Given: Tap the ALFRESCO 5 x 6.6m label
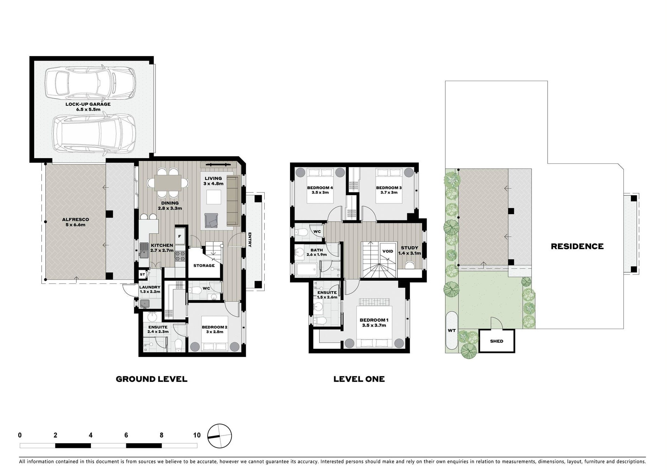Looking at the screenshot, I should coord(75,222).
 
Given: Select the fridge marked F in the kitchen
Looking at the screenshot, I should coord(179,236).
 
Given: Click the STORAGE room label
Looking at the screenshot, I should coord(204,266).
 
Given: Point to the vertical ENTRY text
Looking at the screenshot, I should coord(250,240).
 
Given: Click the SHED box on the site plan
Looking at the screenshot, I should coord(496,341).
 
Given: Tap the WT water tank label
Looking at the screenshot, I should coord(452,331).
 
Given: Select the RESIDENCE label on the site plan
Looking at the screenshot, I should coord(577,246).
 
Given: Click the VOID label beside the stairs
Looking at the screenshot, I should coord(387,251).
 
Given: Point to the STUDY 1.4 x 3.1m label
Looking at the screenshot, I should coord(409,250).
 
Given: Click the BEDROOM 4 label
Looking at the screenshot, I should coord(320,190).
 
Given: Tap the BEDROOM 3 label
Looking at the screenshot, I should coord(389,190).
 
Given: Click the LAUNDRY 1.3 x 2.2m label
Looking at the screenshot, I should coord(150,289).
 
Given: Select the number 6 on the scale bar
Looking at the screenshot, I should coord(126,435).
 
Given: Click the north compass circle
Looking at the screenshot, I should coord(219,436).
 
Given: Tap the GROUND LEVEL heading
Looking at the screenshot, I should coord(152,379).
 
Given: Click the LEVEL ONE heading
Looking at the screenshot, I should coord(359,379).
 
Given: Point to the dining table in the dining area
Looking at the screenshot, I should coord(168,183).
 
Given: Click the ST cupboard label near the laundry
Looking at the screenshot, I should coord(142,274).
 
